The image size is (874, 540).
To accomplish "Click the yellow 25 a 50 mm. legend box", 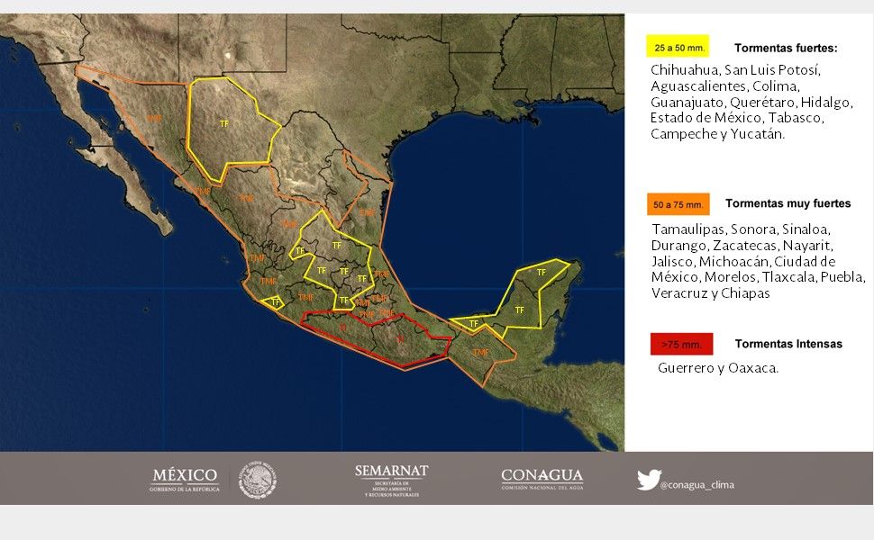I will point(677,47).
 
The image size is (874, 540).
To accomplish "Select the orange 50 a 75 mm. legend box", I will point(678,204).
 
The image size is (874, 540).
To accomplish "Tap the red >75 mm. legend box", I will point(681,344).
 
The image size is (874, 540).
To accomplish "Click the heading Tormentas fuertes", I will point(786,49).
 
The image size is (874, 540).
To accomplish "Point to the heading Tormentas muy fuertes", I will point(788,203).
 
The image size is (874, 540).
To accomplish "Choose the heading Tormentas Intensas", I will point(788,344).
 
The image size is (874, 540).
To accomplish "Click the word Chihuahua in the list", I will point(684,70).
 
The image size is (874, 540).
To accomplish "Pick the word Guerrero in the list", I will point(687,368).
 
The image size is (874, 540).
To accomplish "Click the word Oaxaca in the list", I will point(755,368).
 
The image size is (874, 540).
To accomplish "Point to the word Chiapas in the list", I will point(743,293).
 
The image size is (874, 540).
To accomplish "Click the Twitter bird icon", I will point(649,480).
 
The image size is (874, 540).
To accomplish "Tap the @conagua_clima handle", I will point(696,485).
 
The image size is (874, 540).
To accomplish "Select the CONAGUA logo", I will point(542,479).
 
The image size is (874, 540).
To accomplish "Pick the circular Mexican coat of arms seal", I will point(257,480).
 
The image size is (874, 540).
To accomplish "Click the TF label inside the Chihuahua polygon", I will point(224,123).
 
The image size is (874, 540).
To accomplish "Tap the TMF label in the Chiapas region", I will point(480,352).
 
